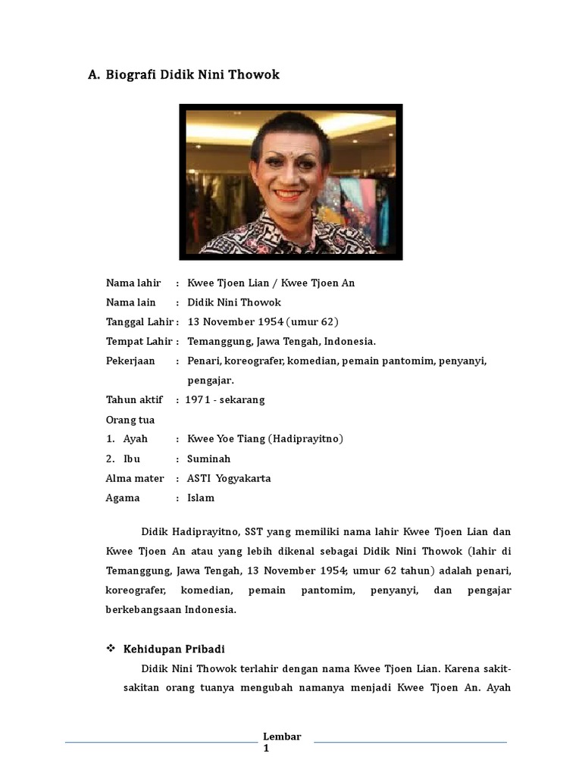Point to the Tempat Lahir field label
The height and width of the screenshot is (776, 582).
pos(139,340)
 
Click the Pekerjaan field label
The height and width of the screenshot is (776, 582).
pos(130,360)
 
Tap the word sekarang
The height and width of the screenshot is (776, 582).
pos(242,399)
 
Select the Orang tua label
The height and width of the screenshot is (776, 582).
pos(130,419)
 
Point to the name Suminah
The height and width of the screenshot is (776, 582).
pos(209,458)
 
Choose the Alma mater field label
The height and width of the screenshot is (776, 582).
pos(134,478)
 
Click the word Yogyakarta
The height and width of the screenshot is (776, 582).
pos(243,478)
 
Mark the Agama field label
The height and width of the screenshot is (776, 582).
pos(123,498)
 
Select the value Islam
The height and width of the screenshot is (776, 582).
pos(201,498)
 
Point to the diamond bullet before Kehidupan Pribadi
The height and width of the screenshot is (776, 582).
pos(111,649)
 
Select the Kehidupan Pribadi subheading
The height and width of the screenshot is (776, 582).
pos(174,649)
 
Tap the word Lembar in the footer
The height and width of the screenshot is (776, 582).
pos(282,737)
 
